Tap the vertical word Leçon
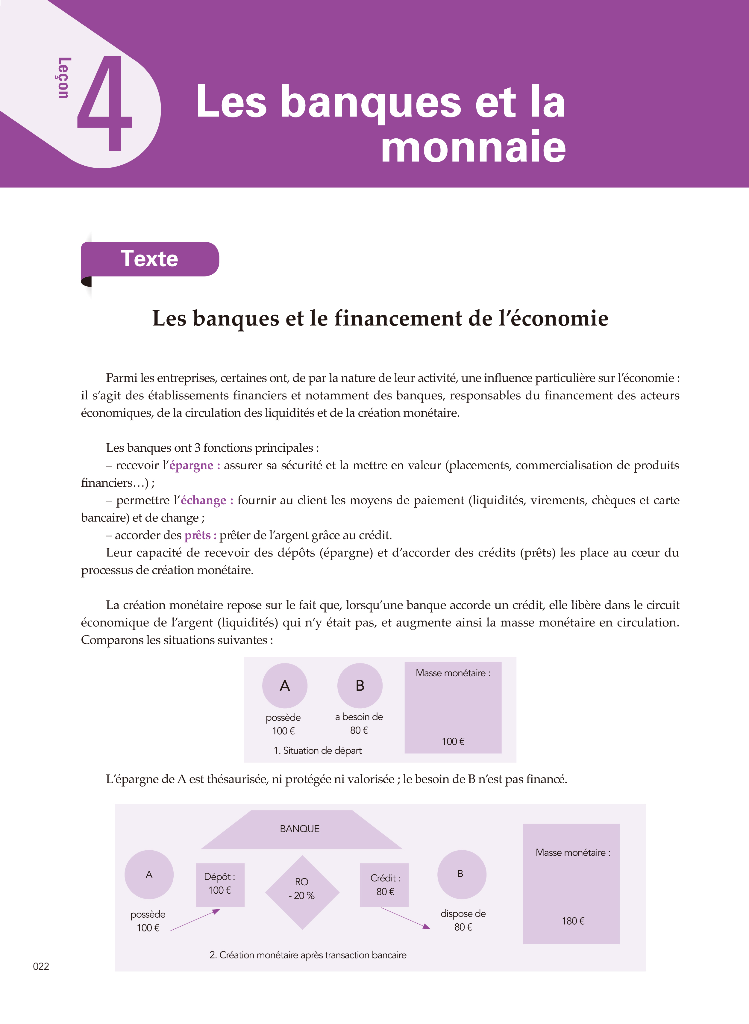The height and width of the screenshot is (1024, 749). tap(63, 78)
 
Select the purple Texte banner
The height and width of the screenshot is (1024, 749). tap(150, 259)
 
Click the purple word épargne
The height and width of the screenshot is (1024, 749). tap(191, 465)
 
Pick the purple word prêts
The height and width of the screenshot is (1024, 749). tap(197, 535)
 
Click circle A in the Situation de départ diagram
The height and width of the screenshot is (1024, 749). tap(285, 686)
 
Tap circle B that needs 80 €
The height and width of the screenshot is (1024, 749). tap(360, 686)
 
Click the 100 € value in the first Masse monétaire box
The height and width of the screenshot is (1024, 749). tap(453, 742)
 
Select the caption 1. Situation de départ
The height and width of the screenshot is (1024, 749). tap(317, 751)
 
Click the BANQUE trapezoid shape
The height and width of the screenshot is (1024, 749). tap(300, 829)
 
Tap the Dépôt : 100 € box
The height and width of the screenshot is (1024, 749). tap(220, 884)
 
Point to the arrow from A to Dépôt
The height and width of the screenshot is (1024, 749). tap(195, 920)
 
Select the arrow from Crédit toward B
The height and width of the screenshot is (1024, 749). tap(405, 918)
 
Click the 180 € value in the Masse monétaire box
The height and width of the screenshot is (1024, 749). tap(573, 921)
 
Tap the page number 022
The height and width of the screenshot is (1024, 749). tap(41, 966)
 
